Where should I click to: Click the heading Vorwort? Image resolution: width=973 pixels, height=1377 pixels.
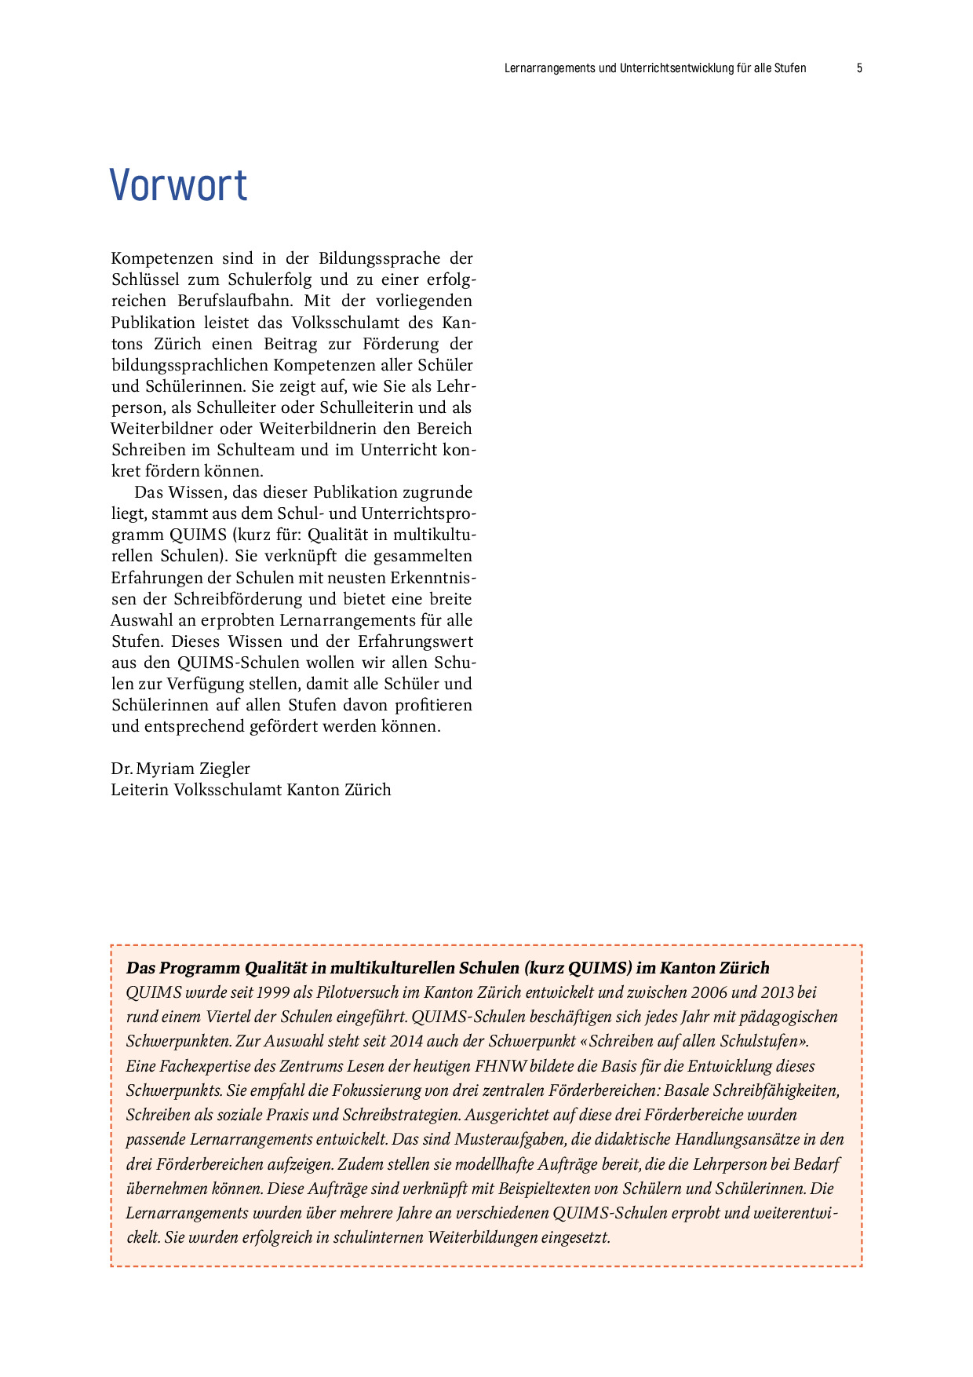(x=178, y=186)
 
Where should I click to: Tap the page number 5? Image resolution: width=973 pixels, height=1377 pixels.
(x=859, y=68)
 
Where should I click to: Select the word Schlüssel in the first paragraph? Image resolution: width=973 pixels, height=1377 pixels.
(x=145, y=279)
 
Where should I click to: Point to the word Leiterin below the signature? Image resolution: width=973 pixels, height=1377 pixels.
(x=140, y=790)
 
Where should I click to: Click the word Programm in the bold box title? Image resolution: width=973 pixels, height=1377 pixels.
(x=199, y=968)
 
